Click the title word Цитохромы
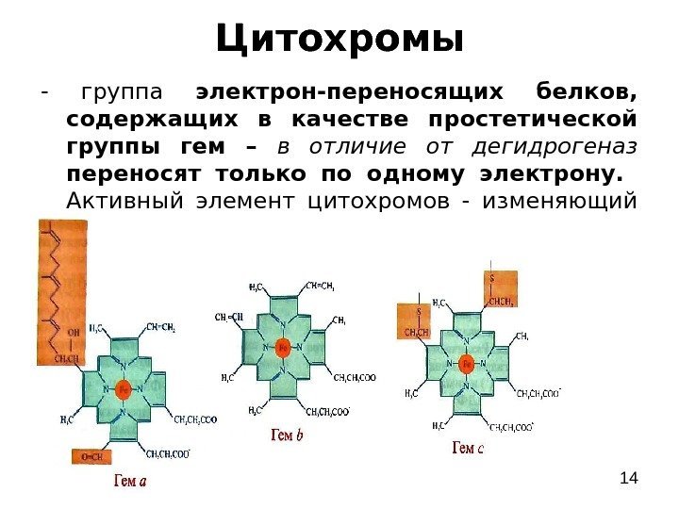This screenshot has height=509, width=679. (x=339, y=40)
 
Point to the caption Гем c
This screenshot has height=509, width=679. (x=469, y=449)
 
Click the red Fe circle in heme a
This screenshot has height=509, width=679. (x=122, y=387)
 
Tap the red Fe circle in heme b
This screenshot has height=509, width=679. (x=282, y=347)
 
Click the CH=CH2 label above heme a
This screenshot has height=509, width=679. (x=160, y=328)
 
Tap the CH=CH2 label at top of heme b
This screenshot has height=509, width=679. (x=321, y=287)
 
